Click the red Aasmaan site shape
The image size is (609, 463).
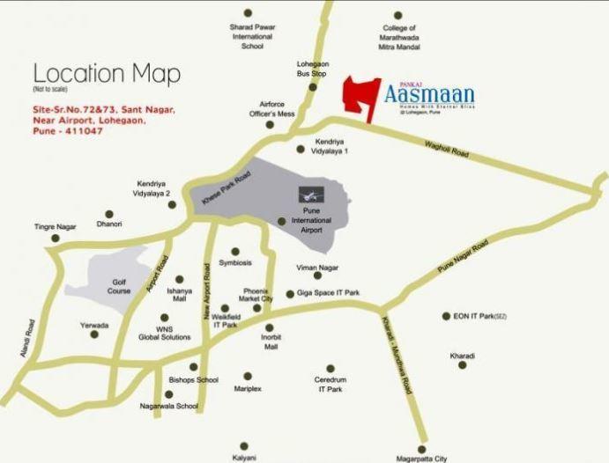(359, 95)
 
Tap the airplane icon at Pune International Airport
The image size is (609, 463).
(308, 193)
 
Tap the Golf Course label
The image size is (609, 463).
(120, 286)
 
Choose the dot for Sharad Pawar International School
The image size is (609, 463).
(248, 13)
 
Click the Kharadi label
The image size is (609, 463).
(462, 356)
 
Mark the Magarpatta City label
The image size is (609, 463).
(421, 458)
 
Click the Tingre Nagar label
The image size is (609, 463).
(56, 226)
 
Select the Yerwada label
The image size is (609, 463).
(94, 325)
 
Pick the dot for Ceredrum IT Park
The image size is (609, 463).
(330, 369)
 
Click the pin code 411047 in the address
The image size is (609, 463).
(83, 131)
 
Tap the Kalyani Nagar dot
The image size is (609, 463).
(244, 446)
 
